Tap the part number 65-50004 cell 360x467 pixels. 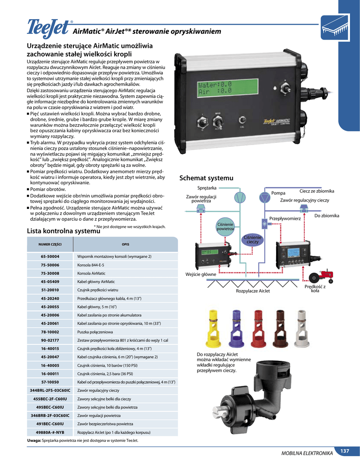click(50, 257)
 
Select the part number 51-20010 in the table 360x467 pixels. click(50, 290)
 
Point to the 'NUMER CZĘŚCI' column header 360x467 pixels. click(50, 244)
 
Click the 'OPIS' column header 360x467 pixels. click(125, 244)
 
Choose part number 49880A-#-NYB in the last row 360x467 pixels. click(50, 431)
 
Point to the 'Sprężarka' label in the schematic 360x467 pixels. click(207, 188)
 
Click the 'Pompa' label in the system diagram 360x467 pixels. click(278, 193)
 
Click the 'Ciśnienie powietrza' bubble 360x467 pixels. click(225, 226)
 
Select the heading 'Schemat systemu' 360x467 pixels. click(206, 177)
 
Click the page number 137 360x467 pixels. click(344, 451)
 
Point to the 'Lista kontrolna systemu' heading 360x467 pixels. click(64, 231)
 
